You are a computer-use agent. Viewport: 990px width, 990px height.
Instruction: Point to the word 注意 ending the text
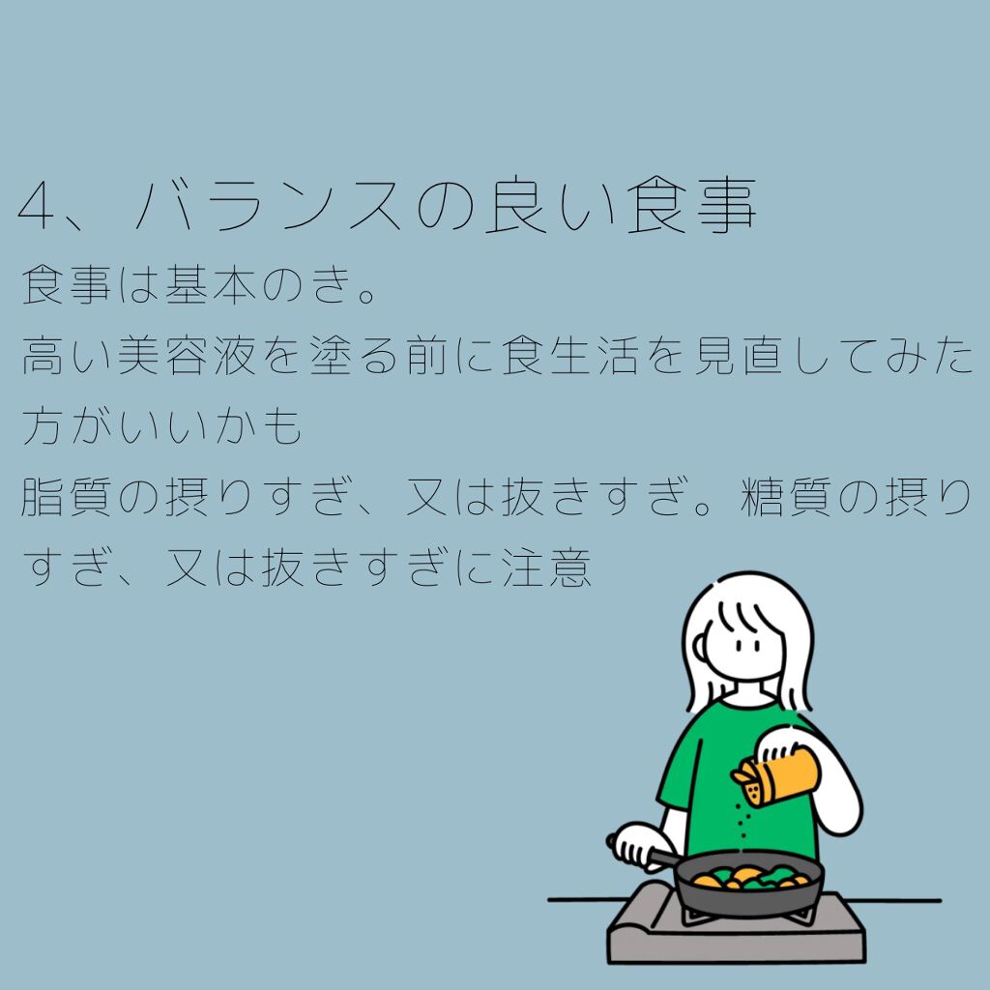tap(546, 569)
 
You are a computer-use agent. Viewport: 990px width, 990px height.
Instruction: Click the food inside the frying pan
tap(749, 878)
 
